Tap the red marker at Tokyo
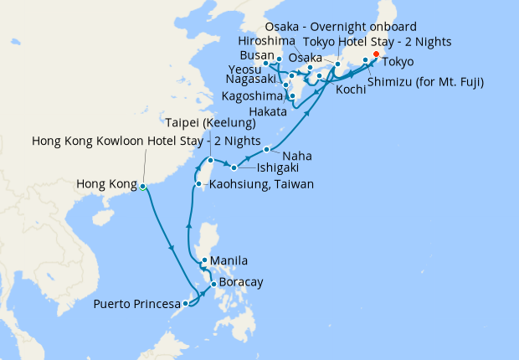click(x=375, y=54)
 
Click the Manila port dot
click(x=204, y=260)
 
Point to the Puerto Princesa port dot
click(x=185, y=303)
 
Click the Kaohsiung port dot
click(x=198, y=183)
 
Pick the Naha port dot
click(x=266, y=150)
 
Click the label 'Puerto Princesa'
click(x=136, y=303)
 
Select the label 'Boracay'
click(x=242, y=283)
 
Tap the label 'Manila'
click(x=229, y=260)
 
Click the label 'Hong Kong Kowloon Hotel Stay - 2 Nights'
click(x=146, y=140)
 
